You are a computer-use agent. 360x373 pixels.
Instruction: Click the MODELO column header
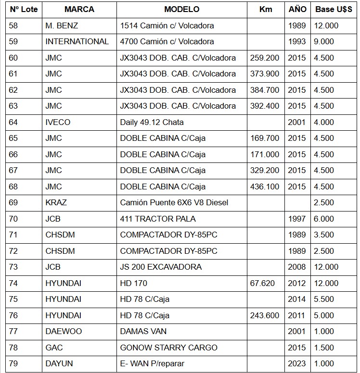(x=181, y=10)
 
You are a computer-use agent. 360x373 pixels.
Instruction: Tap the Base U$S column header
(x=332, y=10)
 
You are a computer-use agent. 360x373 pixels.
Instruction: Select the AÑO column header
(x=297, y=10)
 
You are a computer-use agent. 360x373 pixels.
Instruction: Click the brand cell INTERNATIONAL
(x=77, y=42)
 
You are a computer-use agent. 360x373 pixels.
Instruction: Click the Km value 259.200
(x=265, y=58)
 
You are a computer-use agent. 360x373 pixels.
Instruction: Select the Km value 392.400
(x=265, y=106)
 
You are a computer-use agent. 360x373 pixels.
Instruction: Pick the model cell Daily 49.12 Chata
(x=152, y=122)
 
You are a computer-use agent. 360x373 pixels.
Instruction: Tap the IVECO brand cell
(x=58, y=122)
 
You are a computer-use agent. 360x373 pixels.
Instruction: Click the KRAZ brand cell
(x=56, y=203)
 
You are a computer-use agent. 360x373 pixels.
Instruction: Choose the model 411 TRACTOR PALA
(x=158, y=219)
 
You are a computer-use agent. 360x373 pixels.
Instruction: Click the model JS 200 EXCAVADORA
(x=161, y=267)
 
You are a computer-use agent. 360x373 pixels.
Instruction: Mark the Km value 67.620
(x=262, y=283)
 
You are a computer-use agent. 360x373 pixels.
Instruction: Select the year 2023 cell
(x=297, y=364)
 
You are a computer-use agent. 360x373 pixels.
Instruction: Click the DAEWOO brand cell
(x=64, y=332)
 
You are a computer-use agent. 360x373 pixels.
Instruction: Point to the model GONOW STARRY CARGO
(x=168, y=348)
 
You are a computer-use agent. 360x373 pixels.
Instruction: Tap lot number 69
(x=13, y=203)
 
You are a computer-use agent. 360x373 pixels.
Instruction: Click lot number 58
(x=13, y=25)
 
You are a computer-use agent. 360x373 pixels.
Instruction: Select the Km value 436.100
(x=265, y=186)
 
